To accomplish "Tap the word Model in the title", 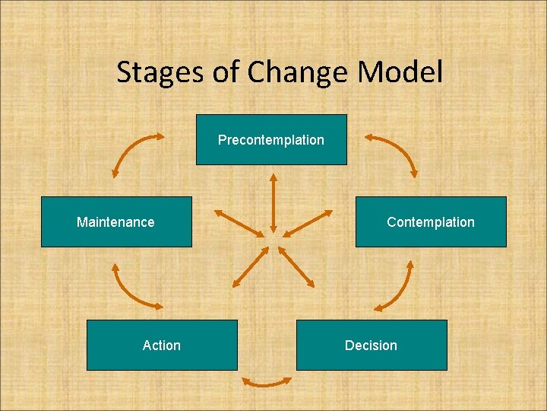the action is point(400,73).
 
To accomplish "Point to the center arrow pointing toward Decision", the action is point(296,266).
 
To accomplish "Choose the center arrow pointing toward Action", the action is point(250,266).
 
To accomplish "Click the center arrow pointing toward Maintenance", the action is point(239,222).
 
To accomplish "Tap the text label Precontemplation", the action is point(271,140).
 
